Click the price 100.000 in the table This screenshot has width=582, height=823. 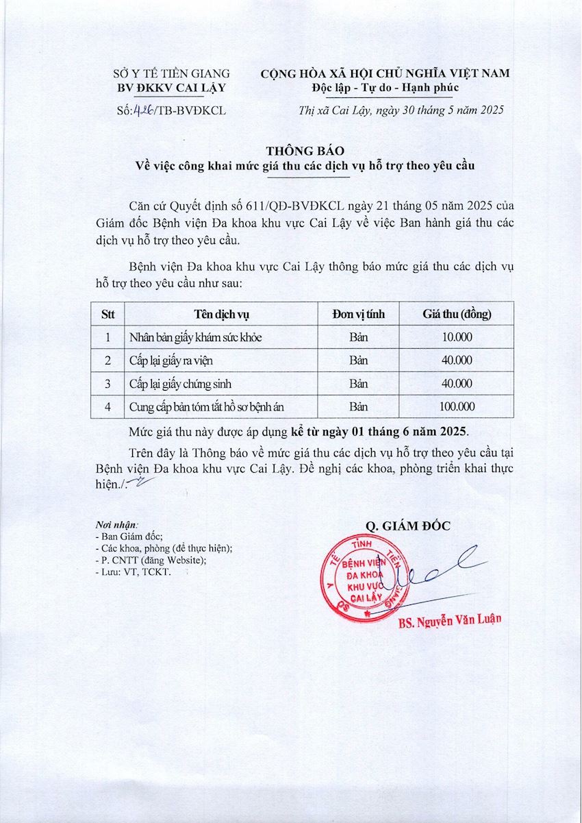(457, 407)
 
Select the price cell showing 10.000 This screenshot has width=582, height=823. (457, 337)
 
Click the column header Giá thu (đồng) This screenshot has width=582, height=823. (457, 315)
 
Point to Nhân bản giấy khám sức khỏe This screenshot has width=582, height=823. (195, 337)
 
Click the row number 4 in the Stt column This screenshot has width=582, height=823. (107, 407)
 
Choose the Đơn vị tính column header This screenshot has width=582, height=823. (358, 315)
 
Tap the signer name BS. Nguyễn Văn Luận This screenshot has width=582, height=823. (450, 619)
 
